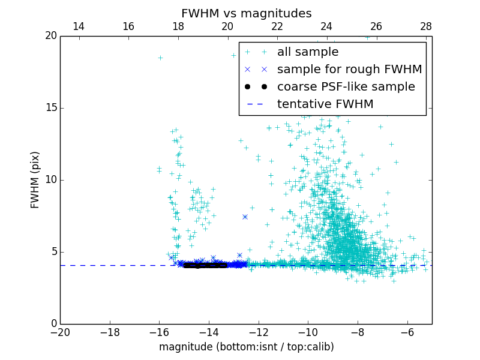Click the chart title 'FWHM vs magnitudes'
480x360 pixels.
(246, 13)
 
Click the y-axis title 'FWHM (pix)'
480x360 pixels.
(35, 179)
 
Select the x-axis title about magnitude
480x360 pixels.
(246, 347)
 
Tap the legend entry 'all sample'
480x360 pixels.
(308, 52)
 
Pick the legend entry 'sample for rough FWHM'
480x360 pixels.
(349, 70)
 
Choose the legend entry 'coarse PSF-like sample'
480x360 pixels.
(346, 87)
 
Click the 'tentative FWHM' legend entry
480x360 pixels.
(325, 104)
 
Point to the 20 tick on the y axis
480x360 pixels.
(50, 36)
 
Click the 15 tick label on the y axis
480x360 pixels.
(50, 108)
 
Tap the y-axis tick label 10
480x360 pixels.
(50, 180)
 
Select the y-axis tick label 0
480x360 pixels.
(53, 324)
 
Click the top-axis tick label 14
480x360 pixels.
(79, 26)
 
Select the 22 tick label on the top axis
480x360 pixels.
(277, 26)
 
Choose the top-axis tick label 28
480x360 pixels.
(426, 26)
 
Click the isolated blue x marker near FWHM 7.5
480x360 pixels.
(245, 217)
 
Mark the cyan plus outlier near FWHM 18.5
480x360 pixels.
(160, 58)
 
